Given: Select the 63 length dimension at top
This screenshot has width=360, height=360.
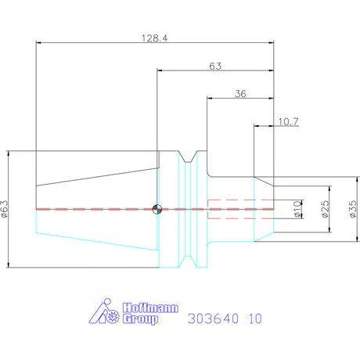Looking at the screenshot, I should pos(215,67).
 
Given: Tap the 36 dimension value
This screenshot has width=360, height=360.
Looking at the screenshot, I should pos(240,94).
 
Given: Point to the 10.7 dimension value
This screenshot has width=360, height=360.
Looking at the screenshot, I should pos(288,121).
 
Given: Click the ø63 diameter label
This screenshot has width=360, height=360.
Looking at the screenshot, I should pos(5,208).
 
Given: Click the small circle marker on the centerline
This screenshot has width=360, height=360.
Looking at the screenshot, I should pos(157,208).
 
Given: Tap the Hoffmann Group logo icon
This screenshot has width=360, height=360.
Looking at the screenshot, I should pos(104,313).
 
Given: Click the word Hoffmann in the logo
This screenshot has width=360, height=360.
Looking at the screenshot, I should pos(141,308).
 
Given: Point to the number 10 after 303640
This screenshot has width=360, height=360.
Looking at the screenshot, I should pos(255,319).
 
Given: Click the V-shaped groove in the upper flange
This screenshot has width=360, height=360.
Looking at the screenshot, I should pos(187,158).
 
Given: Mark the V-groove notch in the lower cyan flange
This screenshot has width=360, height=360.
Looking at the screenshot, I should pos(187,258).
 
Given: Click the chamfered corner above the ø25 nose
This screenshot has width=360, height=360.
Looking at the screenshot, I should pos(264,182).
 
